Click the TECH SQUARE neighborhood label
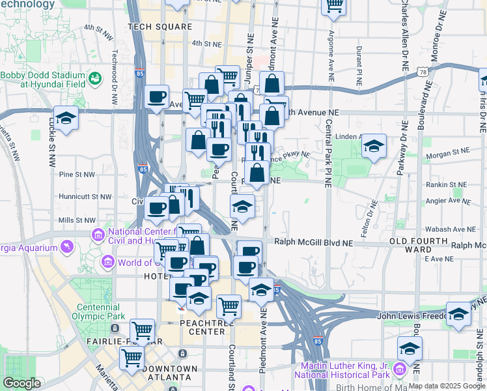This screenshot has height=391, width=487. tap(160, 27)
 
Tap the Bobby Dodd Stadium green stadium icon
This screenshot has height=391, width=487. tap(96, 79)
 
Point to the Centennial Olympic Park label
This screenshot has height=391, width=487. tap(100, 311)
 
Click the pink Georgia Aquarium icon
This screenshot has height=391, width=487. tap(66, 247)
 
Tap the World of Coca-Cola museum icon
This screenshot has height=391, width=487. tap(108, 263)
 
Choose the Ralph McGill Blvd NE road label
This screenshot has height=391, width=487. tap(313, 242)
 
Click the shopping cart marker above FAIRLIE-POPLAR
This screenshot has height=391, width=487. tap(142, 330)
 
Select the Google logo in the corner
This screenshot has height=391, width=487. tap(21, 383)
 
